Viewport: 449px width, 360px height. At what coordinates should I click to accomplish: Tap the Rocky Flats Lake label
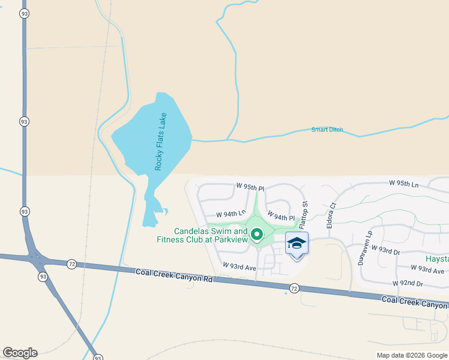(160, 142)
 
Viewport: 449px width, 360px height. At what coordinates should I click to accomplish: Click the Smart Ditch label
(327, 130)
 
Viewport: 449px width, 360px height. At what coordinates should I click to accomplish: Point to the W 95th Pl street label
(250, 187)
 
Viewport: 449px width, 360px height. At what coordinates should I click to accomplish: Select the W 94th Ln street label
(231, 214)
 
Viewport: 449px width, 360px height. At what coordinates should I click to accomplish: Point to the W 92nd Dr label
(408, 283)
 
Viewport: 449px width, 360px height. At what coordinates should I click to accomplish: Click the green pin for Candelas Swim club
(257, 235)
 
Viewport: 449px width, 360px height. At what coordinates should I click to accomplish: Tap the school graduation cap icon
(297, 244)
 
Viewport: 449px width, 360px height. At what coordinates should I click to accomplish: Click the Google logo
(20, 353)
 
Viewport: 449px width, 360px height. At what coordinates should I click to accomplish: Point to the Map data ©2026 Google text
(411, 355)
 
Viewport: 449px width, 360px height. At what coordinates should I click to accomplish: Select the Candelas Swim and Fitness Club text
(211, 235)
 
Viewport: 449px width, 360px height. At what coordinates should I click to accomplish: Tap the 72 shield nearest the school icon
(294, 289)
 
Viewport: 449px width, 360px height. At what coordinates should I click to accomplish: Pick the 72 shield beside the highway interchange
(71, 264)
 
